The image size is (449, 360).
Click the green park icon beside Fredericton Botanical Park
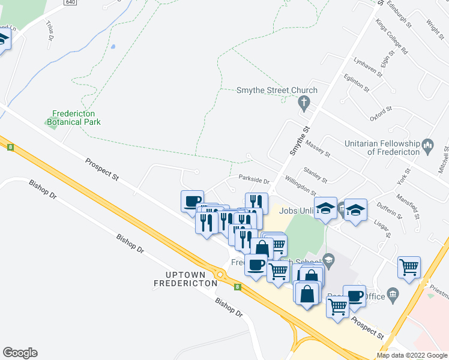click(x=48, y=122)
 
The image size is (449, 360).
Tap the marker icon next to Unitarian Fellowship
click(x=428, y=144)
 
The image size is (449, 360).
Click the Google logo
click(x=20, y=353)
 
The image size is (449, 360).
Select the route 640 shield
click(x=70, y=2)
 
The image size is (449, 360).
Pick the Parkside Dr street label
click(x=254, y=178)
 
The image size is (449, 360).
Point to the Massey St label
click(x=318, y=148)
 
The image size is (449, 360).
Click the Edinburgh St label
click(x=399, y=15)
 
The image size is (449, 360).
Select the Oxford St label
click(x=381, y=114)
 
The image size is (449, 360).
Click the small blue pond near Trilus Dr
click(x=112, y=46)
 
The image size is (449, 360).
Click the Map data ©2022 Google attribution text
click(x=412, y=355)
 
